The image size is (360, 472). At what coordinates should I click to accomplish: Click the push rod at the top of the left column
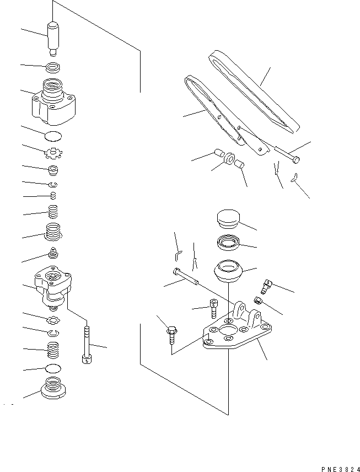pyautogui.click(x=54, y=37)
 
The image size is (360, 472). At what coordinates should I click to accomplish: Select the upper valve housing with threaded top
pyautogui.click(x=55, y=103)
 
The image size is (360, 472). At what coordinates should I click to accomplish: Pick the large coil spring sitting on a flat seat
pyautogui.click(x=54, y=232)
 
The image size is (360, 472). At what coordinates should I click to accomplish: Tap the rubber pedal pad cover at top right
pyautogui.click(x=254, y=91)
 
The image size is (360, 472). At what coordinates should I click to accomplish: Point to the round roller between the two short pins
pyautogui.click(x=228, y=159)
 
